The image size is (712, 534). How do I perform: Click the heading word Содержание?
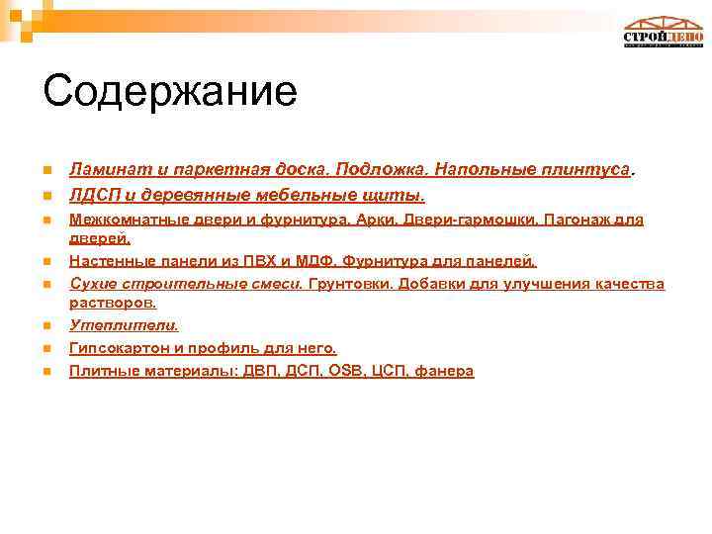[169, 91]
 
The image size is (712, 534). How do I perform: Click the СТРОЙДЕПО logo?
[663, 33]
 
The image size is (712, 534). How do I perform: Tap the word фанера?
[445, 371]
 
